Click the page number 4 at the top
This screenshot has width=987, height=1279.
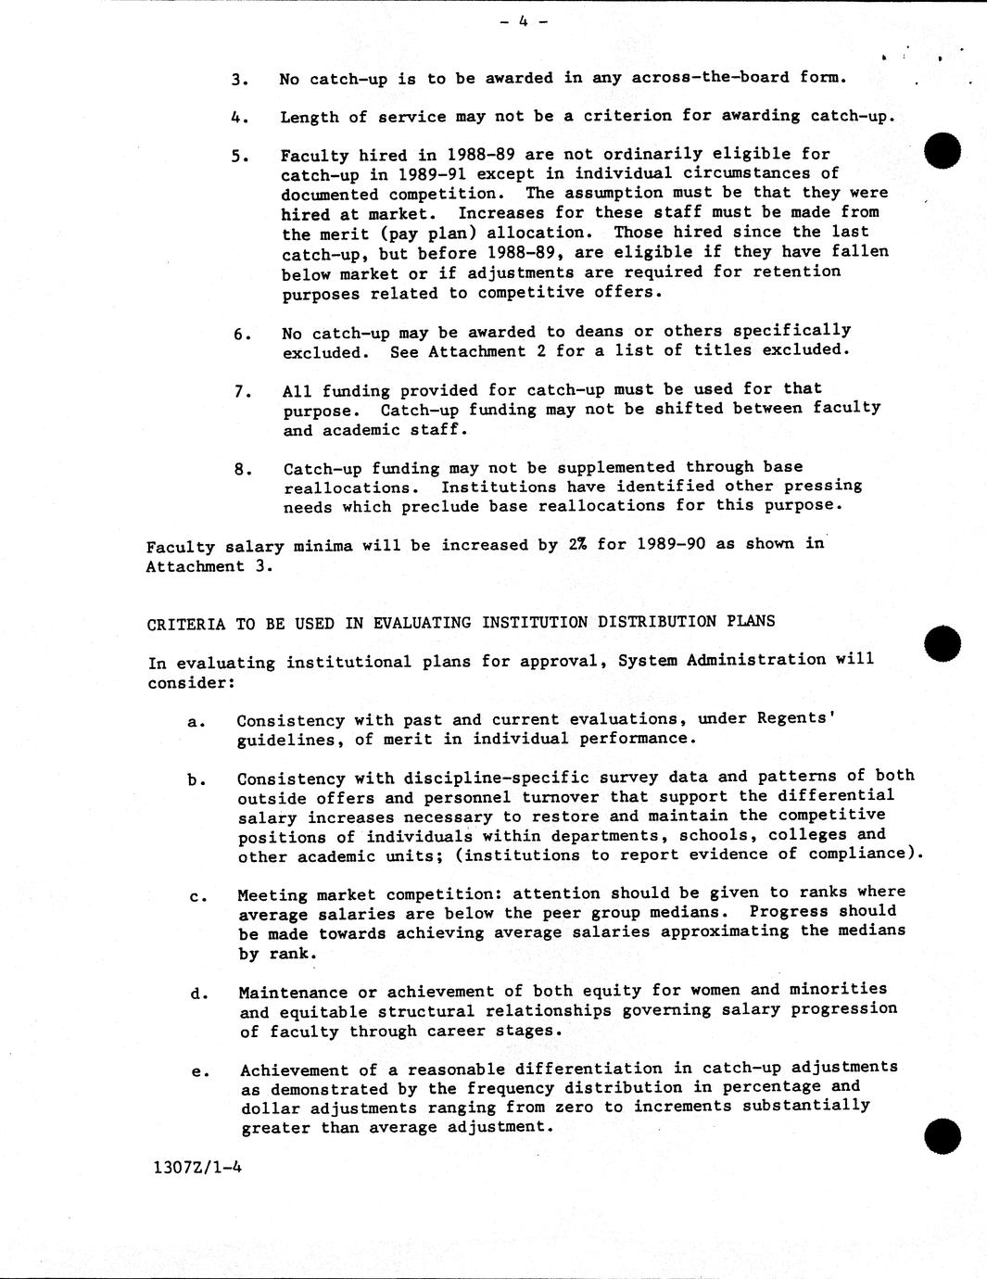click(523, 20)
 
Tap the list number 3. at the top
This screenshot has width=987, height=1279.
click(239, 80)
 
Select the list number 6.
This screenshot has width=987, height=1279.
click(242, 334)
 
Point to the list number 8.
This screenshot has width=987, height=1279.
click(242, 469)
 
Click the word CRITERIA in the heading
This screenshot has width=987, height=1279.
click(185, 624)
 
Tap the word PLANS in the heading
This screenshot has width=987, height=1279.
click(751, 621)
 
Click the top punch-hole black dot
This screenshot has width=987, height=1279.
click(943, 151)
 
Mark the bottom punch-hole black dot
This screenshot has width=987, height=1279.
click(943, 1135)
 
